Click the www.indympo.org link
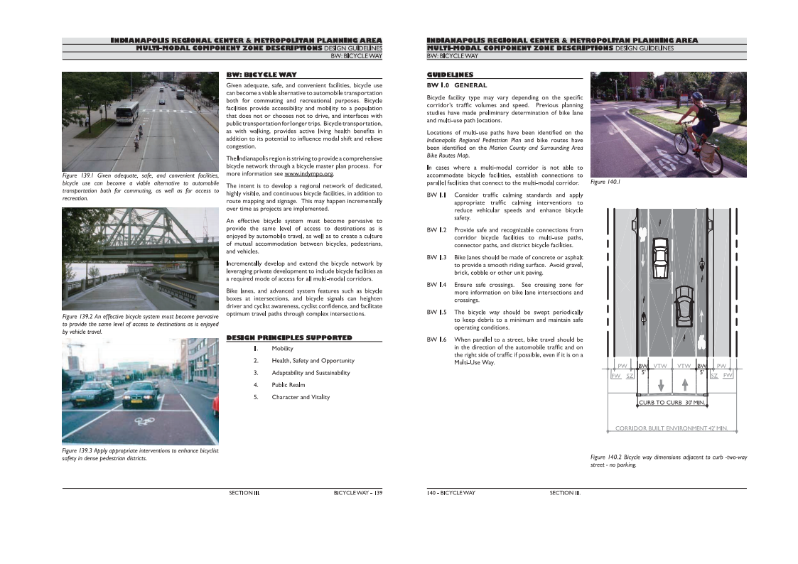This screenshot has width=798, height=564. pos(308,173)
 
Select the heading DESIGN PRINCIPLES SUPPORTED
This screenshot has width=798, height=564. pos(289,337)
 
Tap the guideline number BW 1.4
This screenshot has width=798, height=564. pos(436,285)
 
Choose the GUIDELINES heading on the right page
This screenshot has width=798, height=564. pos(450,75)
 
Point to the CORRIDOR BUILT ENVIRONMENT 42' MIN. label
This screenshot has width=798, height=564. pos(671,428)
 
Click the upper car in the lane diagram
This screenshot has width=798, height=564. pos(660,251)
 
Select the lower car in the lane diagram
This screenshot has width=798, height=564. pos(684,303)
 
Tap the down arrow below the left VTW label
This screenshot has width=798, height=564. pos(661,384)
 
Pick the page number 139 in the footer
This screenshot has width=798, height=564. pos(379,492)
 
